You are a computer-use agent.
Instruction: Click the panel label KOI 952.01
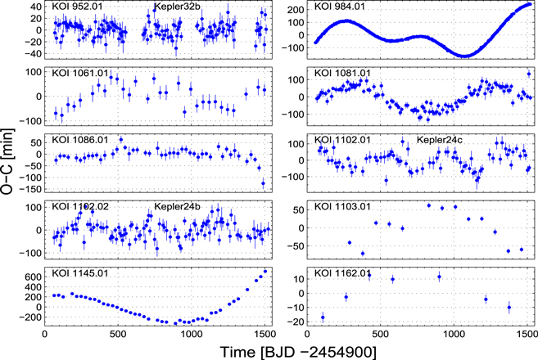(x=77, y=8)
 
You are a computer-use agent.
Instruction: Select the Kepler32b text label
(x=175, y=8)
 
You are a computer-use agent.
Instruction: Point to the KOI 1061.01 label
(x=79, y=74)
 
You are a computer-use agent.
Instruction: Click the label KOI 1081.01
(x=343, y=74)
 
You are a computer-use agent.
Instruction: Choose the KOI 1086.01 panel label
(x=79, y=139)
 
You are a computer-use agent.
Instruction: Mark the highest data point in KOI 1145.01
(x=265, y=272)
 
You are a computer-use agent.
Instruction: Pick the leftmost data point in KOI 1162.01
(x=322, y=317)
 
